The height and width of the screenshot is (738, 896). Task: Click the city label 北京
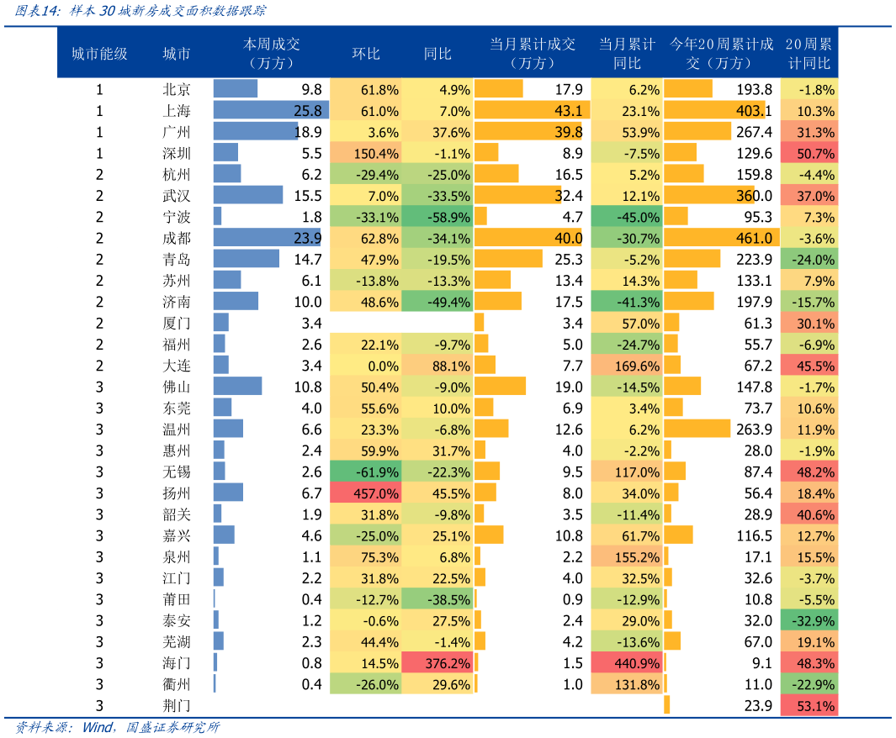click(177, 90)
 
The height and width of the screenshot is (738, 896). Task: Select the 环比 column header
click(366, 54)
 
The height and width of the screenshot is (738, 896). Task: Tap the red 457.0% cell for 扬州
click(365, 493)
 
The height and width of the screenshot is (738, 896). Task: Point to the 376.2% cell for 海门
click(437, 663)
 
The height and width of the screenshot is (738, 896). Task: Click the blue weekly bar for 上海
click(269, 111)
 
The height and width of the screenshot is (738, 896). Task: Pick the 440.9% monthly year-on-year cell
click(626, 663)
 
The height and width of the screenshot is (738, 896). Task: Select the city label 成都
click(177, 239)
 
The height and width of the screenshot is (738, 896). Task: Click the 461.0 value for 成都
click(754, 239)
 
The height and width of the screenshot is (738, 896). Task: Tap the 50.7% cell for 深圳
click(809, 154)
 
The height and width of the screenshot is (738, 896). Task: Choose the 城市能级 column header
click(99, 54)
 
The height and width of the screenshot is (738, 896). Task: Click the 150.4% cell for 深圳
click(365, 154)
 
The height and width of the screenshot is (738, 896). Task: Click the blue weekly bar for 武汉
click(248, 196)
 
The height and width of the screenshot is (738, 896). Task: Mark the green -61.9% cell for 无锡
click(365, 472)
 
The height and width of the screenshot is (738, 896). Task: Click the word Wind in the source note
click(98, 727)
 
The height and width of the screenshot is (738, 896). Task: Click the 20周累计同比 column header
click(809, 54)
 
